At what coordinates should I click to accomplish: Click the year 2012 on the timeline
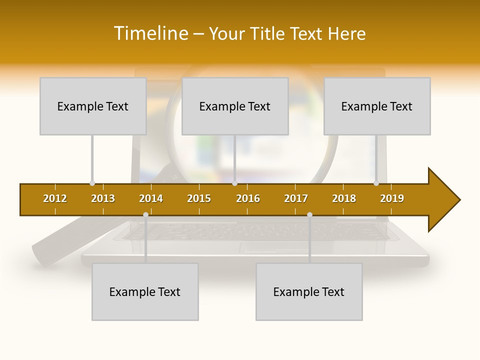(x=55, y=198)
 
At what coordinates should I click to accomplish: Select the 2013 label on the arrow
(x=103, y=198)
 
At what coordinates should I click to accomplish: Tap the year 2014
(x=151, y=198)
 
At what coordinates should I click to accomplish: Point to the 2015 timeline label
(x=199, y=198)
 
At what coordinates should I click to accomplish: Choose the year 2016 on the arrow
(x=248, y=198)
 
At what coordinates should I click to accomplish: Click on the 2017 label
(x=296, y=198)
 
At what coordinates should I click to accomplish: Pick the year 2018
(x=344, y=198)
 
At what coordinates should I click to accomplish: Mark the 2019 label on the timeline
(x=392, y=198)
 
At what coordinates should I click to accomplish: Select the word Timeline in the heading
(x=151, y=33)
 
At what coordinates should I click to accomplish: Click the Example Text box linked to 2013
(x=93, y=106)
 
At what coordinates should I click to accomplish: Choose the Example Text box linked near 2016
(x=235, y=106)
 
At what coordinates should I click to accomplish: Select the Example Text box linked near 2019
(x=377, y=106)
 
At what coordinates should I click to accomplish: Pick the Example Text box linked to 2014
(x=145, y=291)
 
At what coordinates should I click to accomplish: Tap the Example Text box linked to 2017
(x=309, y=291)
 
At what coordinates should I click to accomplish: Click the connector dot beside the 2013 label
(x=92, y=183)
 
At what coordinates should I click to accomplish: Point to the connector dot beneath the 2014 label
(x=145, y=214)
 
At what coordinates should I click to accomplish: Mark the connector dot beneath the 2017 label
(x=309, y=214)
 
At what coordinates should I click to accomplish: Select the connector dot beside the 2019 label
(x=376, y=183)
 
